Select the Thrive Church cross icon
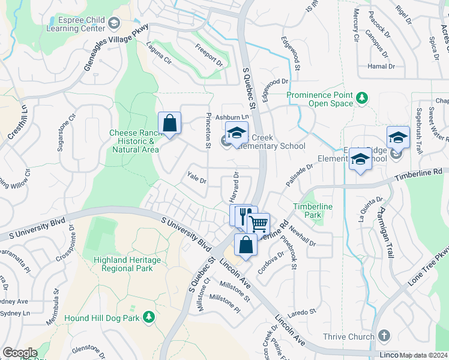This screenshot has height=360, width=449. [x=384, y=336]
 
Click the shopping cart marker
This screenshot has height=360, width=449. [x=259, y=224]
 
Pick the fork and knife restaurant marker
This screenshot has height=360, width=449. [x=245, y=215]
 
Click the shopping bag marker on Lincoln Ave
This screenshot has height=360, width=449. [x=246, y=245]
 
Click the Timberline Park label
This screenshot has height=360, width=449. [x=308, y=211]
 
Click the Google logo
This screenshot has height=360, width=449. [x=20, y=353]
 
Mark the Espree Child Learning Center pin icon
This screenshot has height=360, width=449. [x=114, y=23]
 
